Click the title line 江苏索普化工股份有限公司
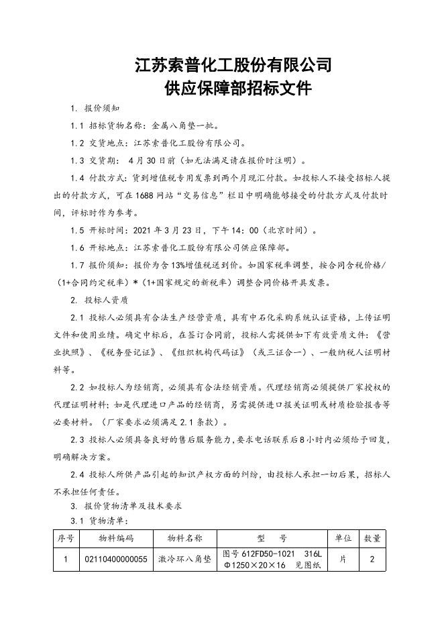coord(233,65)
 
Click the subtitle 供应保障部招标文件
coord(233,89)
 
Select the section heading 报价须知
coord(102,108)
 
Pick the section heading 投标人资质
coord(107,300)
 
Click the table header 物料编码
coord(116,537)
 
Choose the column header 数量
coord(372,537)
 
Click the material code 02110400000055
coord(116,559)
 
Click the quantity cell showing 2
coord(372,559)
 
